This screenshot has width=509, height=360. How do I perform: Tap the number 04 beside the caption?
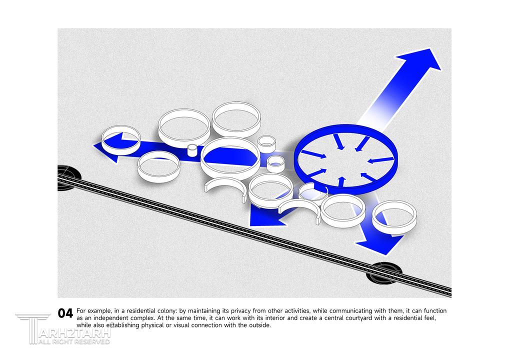click(65, 313)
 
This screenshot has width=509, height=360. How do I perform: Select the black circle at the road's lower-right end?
click(384, 273)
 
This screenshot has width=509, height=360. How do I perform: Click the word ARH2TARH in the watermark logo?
click(74, 333)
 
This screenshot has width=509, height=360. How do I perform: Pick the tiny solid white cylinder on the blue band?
click(192, 150)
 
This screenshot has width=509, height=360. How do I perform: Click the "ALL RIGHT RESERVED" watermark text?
click(74, 341)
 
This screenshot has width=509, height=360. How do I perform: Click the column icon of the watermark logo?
click(32, 328)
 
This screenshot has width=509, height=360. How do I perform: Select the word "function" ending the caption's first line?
click(435, 310)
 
